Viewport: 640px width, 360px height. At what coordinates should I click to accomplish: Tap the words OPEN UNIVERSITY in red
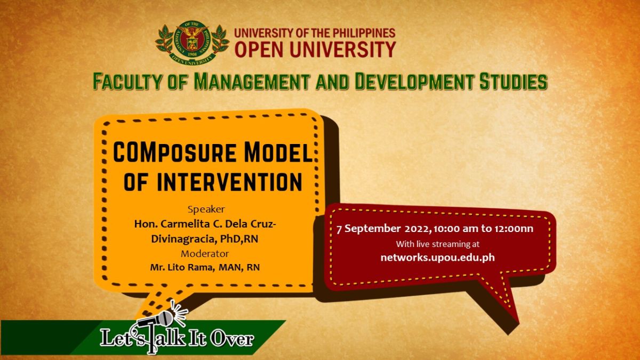point(315,49)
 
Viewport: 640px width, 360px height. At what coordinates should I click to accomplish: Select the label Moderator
point(204,253)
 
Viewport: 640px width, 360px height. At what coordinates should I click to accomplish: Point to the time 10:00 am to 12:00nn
point(484,229)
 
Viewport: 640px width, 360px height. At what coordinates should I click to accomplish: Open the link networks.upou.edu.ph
point(437,257)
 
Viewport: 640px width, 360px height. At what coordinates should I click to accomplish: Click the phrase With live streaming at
point(437,244)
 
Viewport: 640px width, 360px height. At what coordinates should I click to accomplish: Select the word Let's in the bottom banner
point(120,338)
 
